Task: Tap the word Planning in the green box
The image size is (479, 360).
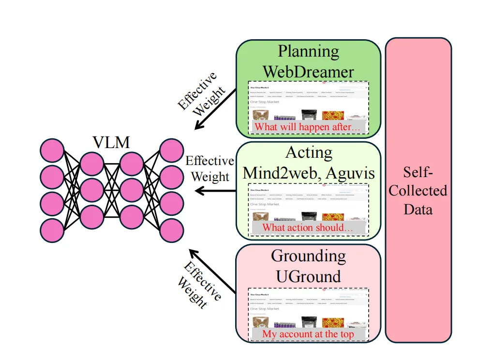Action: pyautogui.click(x=308, y=51)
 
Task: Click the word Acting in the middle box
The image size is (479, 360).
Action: pyautogui.click(x=309, y=152)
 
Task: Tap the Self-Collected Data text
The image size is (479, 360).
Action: pyautogui.click(x=418, y=191)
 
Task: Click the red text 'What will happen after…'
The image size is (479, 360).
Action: pyautogui.click(x=308, y=127)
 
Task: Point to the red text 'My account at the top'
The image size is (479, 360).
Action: pyautogui.click(x=308, y=334)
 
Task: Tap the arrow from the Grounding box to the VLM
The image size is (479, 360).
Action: pyautogui.click(x=213, y=271)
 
